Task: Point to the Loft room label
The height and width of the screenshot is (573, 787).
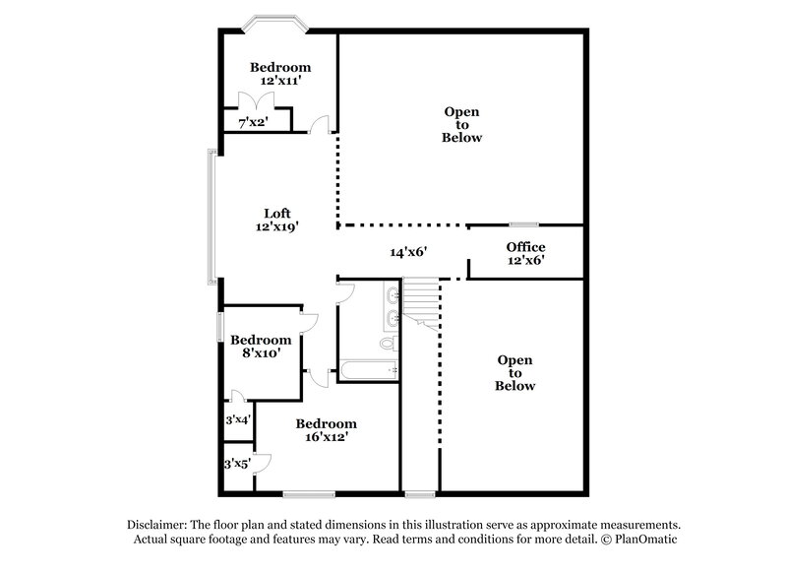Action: [x=276, y=213]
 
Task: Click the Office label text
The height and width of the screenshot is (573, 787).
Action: [x=525, y=247]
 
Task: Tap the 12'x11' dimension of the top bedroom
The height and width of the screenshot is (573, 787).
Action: [x=279, y=82]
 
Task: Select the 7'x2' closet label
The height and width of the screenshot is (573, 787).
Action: [x=254, y=122]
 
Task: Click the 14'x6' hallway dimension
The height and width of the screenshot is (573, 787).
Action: [x=408, y=252]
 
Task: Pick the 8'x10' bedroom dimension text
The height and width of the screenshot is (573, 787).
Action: [x=261, y=352]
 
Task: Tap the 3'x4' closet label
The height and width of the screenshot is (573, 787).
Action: [x=237, y=419]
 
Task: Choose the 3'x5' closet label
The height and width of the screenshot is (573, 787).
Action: [x=236, y=464]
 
